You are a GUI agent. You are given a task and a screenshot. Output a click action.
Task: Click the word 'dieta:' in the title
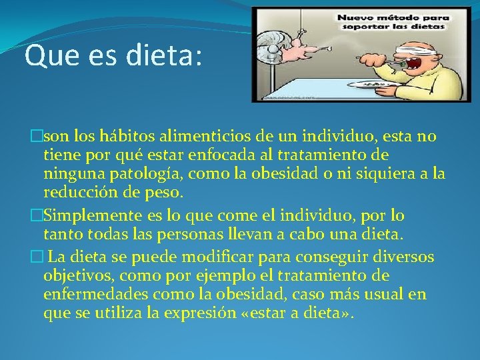pos(164,56)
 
